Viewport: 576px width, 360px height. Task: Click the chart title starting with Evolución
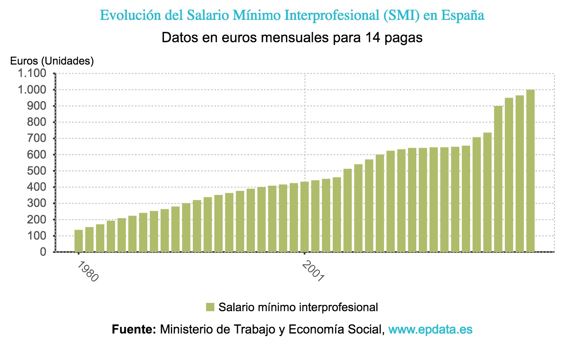coord(292,15)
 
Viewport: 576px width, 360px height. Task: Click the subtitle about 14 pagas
coord(292,38)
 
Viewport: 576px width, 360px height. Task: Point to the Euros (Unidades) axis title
coord(52,61)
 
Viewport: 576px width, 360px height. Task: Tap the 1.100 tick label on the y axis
coord(31,74)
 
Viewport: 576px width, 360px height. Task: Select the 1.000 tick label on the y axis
coord(31,90)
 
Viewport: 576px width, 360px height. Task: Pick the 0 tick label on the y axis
coord(43,252)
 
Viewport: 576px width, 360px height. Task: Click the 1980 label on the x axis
coord(88,271)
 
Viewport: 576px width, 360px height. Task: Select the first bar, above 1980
coord(79,241)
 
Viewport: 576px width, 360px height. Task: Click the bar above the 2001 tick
coord(305,216)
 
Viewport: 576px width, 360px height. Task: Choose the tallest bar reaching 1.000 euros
coord(530,170)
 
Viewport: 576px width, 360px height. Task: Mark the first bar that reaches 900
coord(498,179)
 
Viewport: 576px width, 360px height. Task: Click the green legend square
coord(210,307)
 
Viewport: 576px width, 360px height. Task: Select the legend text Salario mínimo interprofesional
coord(298,307)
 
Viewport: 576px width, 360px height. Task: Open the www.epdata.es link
coord(430,329)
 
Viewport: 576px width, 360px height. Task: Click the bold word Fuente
coord(133,329)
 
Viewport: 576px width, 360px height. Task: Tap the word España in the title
coord(462,15)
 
